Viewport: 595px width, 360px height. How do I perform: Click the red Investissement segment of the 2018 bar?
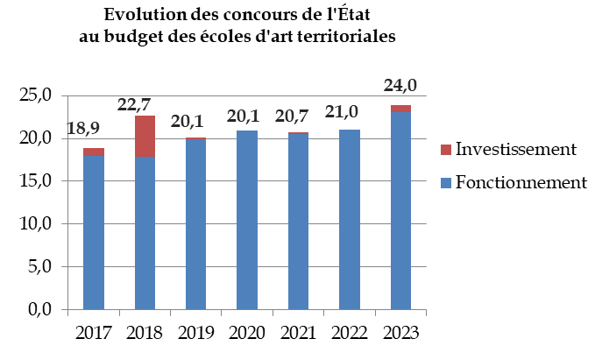pos(145,136)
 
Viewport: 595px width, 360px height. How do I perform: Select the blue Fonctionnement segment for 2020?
pos(247,220)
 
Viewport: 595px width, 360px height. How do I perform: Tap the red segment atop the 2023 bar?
pos(400,108)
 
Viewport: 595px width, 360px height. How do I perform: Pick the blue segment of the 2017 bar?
pos(94,232)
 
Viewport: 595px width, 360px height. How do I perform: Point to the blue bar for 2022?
pos(350,220)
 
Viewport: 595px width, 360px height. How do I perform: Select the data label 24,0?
pos(400,85)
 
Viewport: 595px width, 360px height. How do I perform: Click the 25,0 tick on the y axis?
pos(36,95)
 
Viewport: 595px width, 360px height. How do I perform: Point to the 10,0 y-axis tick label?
pos(36,223)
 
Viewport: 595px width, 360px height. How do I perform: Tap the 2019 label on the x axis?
pos(195,334)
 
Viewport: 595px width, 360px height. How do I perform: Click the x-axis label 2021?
pos(298,334)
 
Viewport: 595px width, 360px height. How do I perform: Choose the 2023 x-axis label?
pos(400,334)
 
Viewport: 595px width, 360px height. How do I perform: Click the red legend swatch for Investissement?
pos(445,150)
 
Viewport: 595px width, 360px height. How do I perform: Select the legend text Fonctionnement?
pos(521,182)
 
